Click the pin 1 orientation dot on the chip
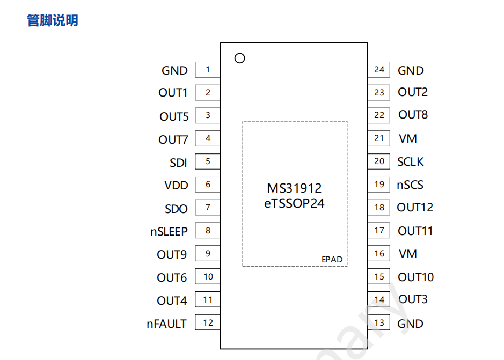[x=240, y=58]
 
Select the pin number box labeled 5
[x=208, y=161]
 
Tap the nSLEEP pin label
[x=169, y=231]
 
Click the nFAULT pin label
[x=167, y=324]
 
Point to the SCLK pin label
[x=411, y=161]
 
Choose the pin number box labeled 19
[x=379, y=184]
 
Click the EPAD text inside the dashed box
[x=332, y=259]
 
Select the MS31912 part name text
[x=294, y=188]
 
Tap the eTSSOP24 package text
[x=294, y=203]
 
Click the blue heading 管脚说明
[x=53, y=20]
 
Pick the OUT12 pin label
[x=415, y=208]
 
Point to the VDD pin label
[x=177, y=185]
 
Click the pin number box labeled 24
[x=379, y=69]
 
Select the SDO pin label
[x=177, y=209]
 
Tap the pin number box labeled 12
[x=208, y=322]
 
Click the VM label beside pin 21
[x=408, y=138]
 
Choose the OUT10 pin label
[x=416, y=277]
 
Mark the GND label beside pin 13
[x=411, y=324]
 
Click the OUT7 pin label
[x=173, y=139]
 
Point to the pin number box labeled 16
[x=379, y=253]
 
